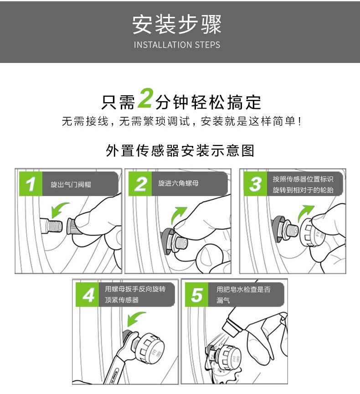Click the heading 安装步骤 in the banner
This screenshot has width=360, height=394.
pos(177,24)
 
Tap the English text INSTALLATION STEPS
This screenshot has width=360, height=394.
pos(177,45)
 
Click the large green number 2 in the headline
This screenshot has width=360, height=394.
pos(145,98)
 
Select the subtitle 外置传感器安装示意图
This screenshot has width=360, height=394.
pos(180,150)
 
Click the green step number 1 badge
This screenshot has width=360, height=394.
pos(31,184)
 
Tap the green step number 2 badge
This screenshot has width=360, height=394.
pos(140,184)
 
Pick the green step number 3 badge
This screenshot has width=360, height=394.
pos(255,184)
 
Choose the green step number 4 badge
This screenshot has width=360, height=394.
pos(87,295)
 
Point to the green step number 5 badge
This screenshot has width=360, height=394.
pos(196,295)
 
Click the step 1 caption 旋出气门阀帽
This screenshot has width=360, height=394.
pos(71,185)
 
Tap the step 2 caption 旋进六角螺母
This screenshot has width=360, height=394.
pos(178,183)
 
